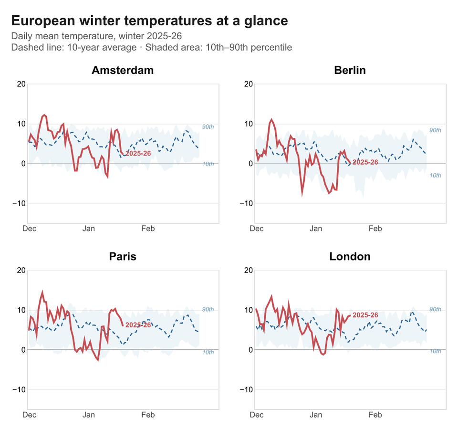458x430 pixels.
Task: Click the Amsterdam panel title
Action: [x=123, y=70]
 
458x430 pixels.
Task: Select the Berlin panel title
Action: [x=350, y=70]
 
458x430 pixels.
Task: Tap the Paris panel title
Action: [x=123, y=256]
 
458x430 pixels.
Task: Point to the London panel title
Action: [x=350, y=256]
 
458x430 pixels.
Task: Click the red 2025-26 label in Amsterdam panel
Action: [x=138, y=153]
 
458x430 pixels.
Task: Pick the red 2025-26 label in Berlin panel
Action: [x=365, y=162]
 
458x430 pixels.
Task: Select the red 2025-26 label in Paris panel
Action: [x=138, y=325]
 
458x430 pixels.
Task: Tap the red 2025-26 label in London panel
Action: [x=365, y=315]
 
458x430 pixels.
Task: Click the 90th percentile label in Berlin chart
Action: [x=435, y=130]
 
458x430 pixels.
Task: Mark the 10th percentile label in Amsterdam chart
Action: [x=208, y=164]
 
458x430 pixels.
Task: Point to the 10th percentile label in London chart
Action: [x=435, y=351]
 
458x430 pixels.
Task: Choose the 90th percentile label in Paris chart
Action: [x=208, y=310]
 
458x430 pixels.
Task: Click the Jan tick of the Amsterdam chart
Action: [x=89, y=229]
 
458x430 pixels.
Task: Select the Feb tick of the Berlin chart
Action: [x=375, y=229]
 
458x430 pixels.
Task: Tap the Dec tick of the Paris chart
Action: [x=30, y=415]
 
